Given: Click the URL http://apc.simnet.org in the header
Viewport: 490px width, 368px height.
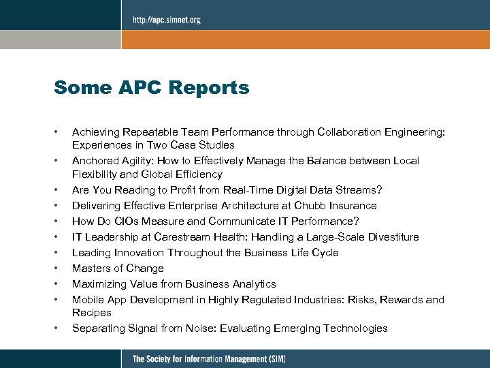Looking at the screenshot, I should click(x=166, y=20).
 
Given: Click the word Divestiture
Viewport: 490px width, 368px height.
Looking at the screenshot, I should click(x=393, y=237).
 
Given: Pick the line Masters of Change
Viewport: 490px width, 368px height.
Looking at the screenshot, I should click(x=118, y=269).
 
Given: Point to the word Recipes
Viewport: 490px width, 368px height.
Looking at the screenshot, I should click(x=92, y=313).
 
